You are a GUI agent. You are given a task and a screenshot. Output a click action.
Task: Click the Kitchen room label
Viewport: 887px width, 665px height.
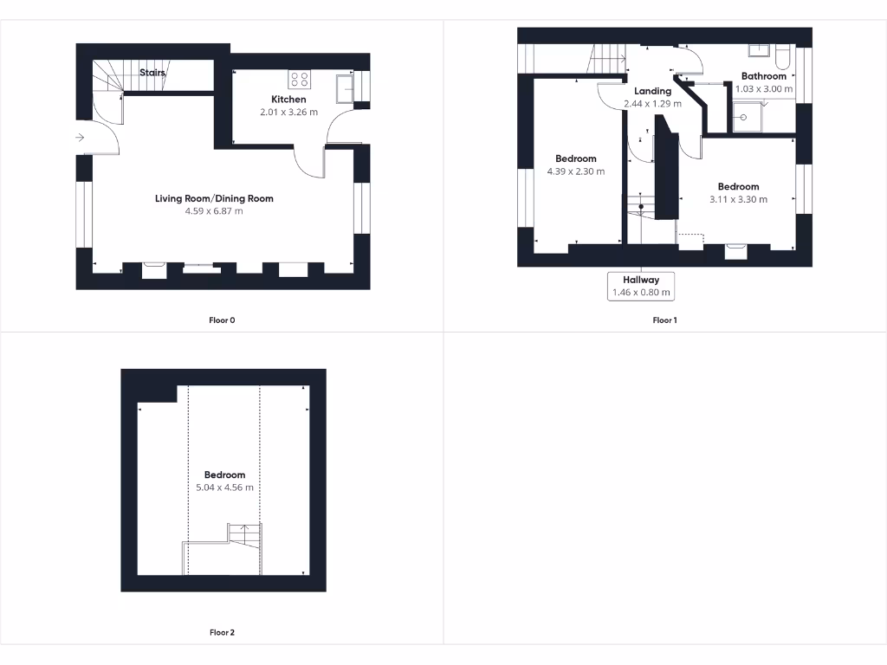click(288, 100)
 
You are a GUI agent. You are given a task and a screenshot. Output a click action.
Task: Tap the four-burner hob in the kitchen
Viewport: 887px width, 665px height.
click(300, 79)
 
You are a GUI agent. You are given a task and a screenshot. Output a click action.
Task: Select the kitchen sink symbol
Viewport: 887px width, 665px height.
click(346, 88)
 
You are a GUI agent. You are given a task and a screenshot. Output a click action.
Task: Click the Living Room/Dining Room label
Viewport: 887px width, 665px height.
click(214, 198)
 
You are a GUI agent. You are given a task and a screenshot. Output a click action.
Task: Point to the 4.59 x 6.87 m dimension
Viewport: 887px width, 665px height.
click(214, 210)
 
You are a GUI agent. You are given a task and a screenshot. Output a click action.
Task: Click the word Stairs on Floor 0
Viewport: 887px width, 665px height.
click(152, 74)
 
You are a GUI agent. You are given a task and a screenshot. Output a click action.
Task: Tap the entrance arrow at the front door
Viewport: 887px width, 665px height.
click(79, 137)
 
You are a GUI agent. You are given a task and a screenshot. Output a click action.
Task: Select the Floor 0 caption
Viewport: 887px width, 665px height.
click(222, 320)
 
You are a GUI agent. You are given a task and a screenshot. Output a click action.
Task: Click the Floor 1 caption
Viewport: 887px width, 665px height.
click(664, 320)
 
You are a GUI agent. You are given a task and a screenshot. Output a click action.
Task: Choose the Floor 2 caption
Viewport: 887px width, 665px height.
click(222, 633)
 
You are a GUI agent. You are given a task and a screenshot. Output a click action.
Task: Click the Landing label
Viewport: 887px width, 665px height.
click(652, 91)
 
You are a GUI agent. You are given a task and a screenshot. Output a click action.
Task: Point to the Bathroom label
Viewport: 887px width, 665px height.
click(763, 76)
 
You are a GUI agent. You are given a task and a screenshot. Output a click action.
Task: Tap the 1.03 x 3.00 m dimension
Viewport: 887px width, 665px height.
click(763, 88)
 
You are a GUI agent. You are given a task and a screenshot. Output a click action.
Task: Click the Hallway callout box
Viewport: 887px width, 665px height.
click(641, 286)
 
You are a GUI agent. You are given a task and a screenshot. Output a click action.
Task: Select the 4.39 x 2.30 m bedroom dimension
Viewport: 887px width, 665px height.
click(575, 171)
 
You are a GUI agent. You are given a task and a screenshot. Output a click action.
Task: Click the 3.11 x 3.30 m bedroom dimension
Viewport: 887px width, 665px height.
click(738, 199)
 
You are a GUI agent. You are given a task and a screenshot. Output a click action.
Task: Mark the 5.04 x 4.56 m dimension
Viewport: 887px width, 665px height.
click(224, 487)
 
